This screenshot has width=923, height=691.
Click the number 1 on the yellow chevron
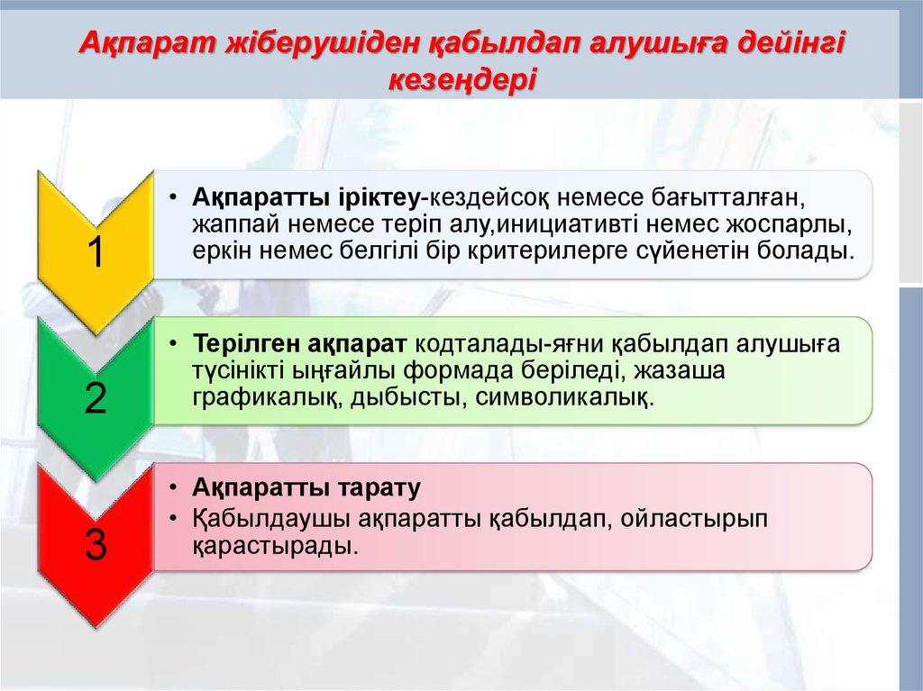tap(95, 253)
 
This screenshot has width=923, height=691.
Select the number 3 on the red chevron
tap(95, 544)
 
